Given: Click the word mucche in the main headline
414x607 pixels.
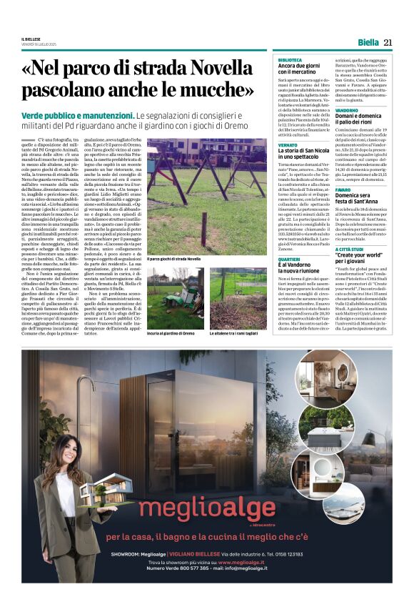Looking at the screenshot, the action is pyautogui.click(x=216, y=92).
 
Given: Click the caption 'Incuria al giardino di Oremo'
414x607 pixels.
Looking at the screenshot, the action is pyautogui.click(x=171, y=333).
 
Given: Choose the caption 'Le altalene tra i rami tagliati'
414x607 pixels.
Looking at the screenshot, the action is pyautogui.click(x=234, y=333).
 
